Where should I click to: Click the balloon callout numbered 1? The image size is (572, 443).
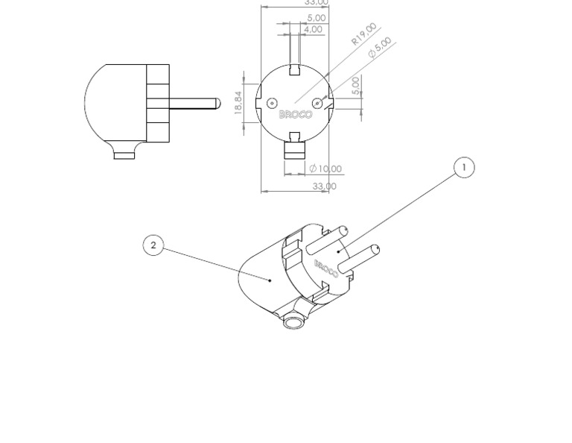[464, 168]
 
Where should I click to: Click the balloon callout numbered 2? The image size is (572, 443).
[153, 245]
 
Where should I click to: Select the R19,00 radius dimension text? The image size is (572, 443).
[364, 34]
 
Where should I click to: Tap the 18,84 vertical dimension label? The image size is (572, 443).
[238, 103]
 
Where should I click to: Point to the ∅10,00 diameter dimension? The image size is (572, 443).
[325, 169]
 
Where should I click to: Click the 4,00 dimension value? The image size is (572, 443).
[314, 30]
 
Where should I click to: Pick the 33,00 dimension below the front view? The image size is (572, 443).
[324, 186]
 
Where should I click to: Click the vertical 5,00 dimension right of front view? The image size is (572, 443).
[356, 85]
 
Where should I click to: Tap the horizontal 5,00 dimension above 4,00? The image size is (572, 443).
[316, 18]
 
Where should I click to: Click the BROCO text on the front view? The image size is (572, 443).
[296, 115]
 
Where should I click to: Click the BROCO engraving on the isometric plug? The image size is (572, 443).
[326, 268]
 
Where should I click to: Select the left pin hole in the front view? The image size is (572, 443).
[272, 103]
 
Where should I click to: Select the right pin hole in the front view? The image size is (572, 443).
[317, 103]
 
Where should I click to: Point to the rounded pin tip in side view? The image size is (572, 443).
[217, 104]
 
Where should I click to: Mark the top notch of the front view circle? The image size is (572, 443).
[295, 70]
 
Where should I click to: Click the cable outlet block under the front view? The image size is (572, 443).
[295, 149]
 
